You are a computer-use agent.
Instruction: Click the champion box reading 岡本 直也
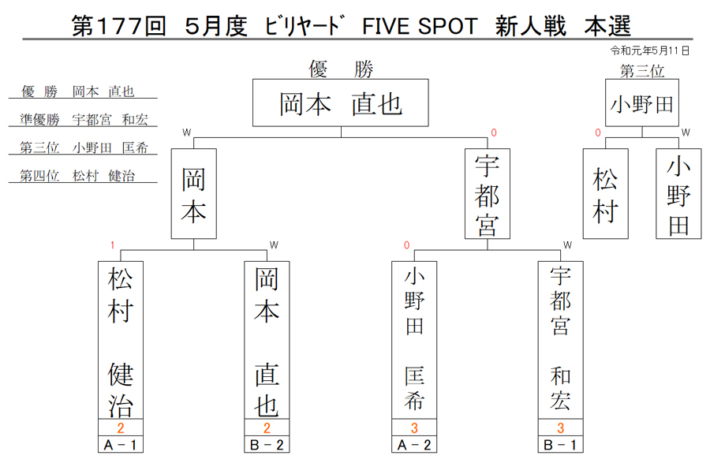341,103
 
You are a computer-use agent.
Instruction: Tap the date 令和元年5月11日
649,50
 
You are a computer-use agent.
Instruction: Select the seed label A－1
121,445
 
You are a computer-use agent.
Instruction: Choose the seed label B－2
267,445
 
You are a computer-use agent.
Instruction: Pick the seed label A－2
414,445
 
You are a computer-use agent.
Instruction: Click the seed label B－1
561,445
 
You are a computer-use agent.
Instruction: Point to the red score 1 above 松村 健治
112,245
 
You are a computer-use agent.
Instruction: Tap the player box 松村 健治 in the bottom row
121,340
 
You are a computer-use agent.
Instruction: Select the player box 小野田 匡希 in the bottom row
414,340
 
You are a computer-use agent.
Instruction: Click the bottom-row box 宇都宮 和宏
561,340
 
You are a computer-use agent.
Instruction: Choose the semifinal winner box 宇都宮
488,194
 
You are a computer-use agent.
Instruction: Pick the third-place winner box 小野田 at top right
642,103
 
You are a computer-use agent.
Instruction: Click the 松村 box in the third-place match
605,194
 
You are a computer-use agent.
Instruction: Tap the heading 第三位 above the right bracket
642,71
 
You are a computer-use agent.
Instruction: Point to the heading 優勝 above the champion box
341,69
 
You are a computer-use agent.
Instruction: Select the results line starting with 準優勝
84,119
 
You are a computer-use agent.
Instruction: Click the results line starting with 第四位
77,176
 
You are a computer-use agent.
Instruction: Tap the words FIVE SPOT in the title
420,26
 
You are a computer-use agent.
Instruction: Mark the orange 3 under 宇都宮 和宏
561,428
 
